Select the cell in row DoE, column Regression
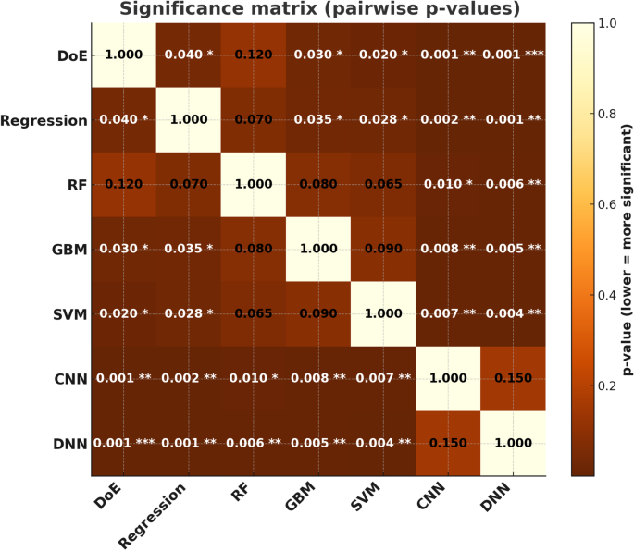pos(189,55)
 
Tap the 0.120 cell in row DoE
pos(253,55)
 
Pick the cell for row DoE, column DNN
pos(511,55)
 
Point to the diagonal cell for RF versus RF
pos(253,185)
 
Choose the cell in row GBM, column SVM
pos(381,250)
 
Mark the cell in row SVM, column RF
pos(253,314)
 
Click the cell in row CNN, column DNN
pos(511,379)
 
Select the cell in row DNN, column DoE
pos(124,444)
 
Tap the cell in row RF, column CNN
pos(446,185)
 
